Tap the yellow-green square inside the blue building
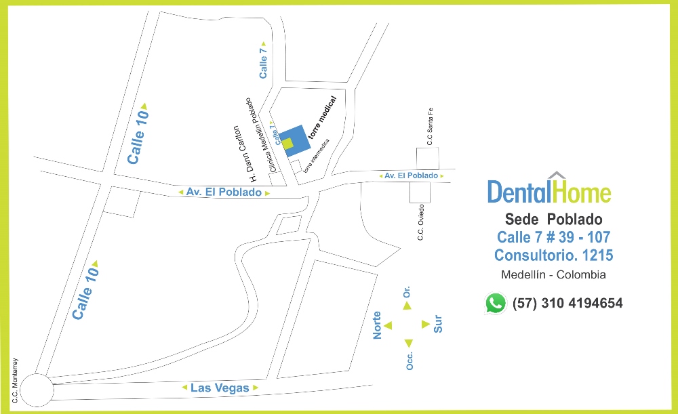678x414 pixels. [288, 143]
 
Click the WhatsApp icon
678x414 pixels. [496, 303]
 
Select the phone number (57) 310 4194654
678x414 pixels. [567, 303]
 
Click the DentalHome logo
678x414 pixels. [549, 190]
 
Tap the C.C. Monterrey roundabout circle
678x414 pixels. [36, 391]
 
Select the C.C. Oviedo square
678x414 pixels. [416, 192]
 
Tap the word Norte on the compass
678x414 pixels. [378, 325]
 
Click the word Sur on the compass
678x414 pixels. [438, 324]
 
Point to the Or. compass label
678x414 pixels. [407, 292]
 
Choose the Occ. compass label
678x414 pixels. [410, 360]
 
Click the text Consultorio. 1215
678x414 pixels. [553, 255]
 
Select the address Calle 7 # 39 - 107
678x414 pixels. [553, 237]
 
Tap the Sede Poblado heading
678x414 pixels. [553, 220]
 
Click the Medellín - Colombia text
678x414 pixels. [553, 274]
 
